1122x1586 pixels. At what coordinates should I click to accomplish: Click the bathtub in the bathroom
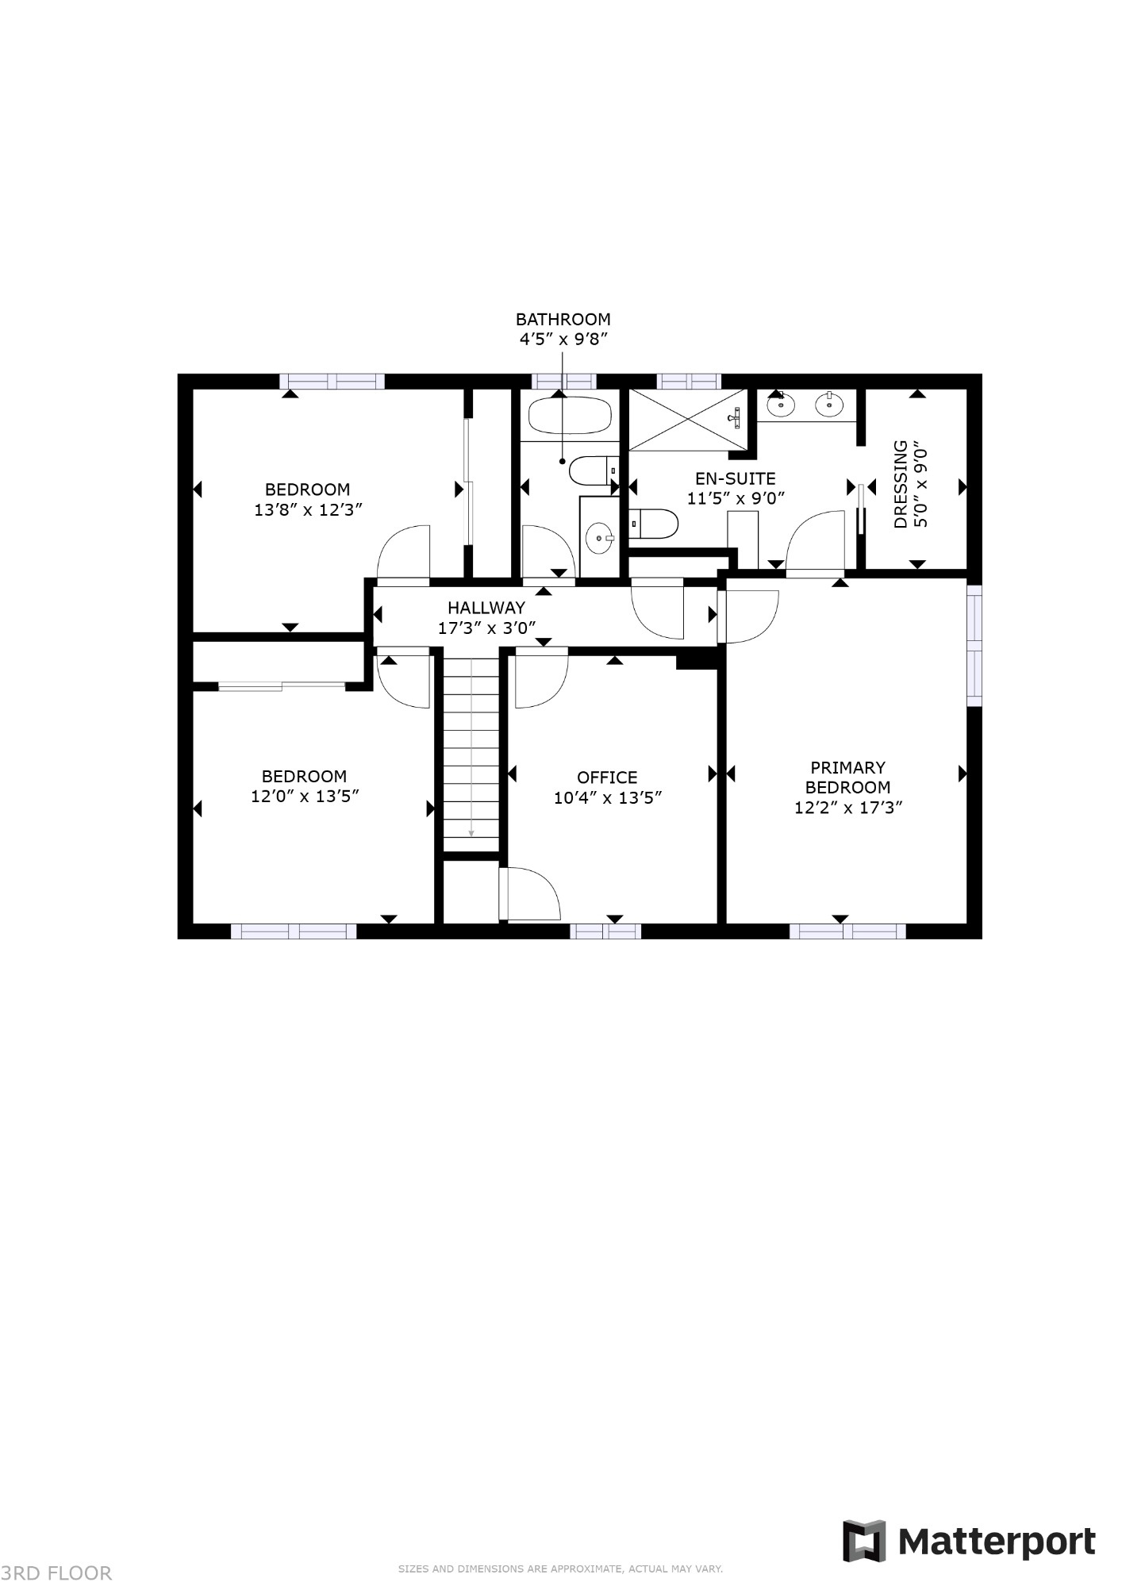click(570, 415)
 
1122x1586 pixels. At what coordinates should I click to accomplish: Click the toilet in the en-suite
click(655, 522)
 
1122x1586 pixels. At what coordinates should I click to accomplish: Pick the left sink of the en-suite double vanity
click(781, 405)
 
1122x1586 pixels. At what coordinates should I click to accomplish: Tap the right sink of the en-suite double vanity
click(829, 405)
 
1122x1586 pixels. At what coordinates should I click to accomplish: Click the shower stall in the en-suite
click(687, 420)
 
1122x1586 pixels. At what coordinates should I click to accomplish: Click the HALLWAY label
click(486, 608)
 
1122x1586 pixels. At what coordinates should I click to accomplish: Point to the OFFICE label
click(607, 778)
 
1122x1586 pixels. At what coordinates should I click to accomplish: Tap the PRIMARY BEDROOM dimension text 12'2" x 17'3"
click(848, 808)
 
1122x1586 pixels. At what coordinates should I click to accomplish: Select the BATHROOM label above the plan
click(563, 319)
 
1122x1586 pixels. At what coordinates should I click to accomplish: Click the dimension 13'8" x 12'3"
click(308, 509)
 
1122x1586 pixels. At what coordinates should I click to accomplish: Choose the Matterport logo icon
click(863, 1541)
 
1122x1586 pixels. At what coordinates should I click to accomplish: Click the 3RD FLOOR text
click(56, 1572)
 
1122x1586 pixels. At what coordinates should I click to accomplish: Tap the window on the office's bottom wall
click(605, 931)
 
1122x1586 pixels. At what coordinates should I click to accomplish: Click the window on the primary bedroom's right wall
click(974, 645)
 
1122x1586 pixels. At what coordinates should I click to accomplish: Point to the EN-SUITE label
click(736, 478)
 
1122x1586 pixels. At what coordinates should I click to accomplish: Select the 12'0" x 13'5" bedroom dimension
click(305, 796)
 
